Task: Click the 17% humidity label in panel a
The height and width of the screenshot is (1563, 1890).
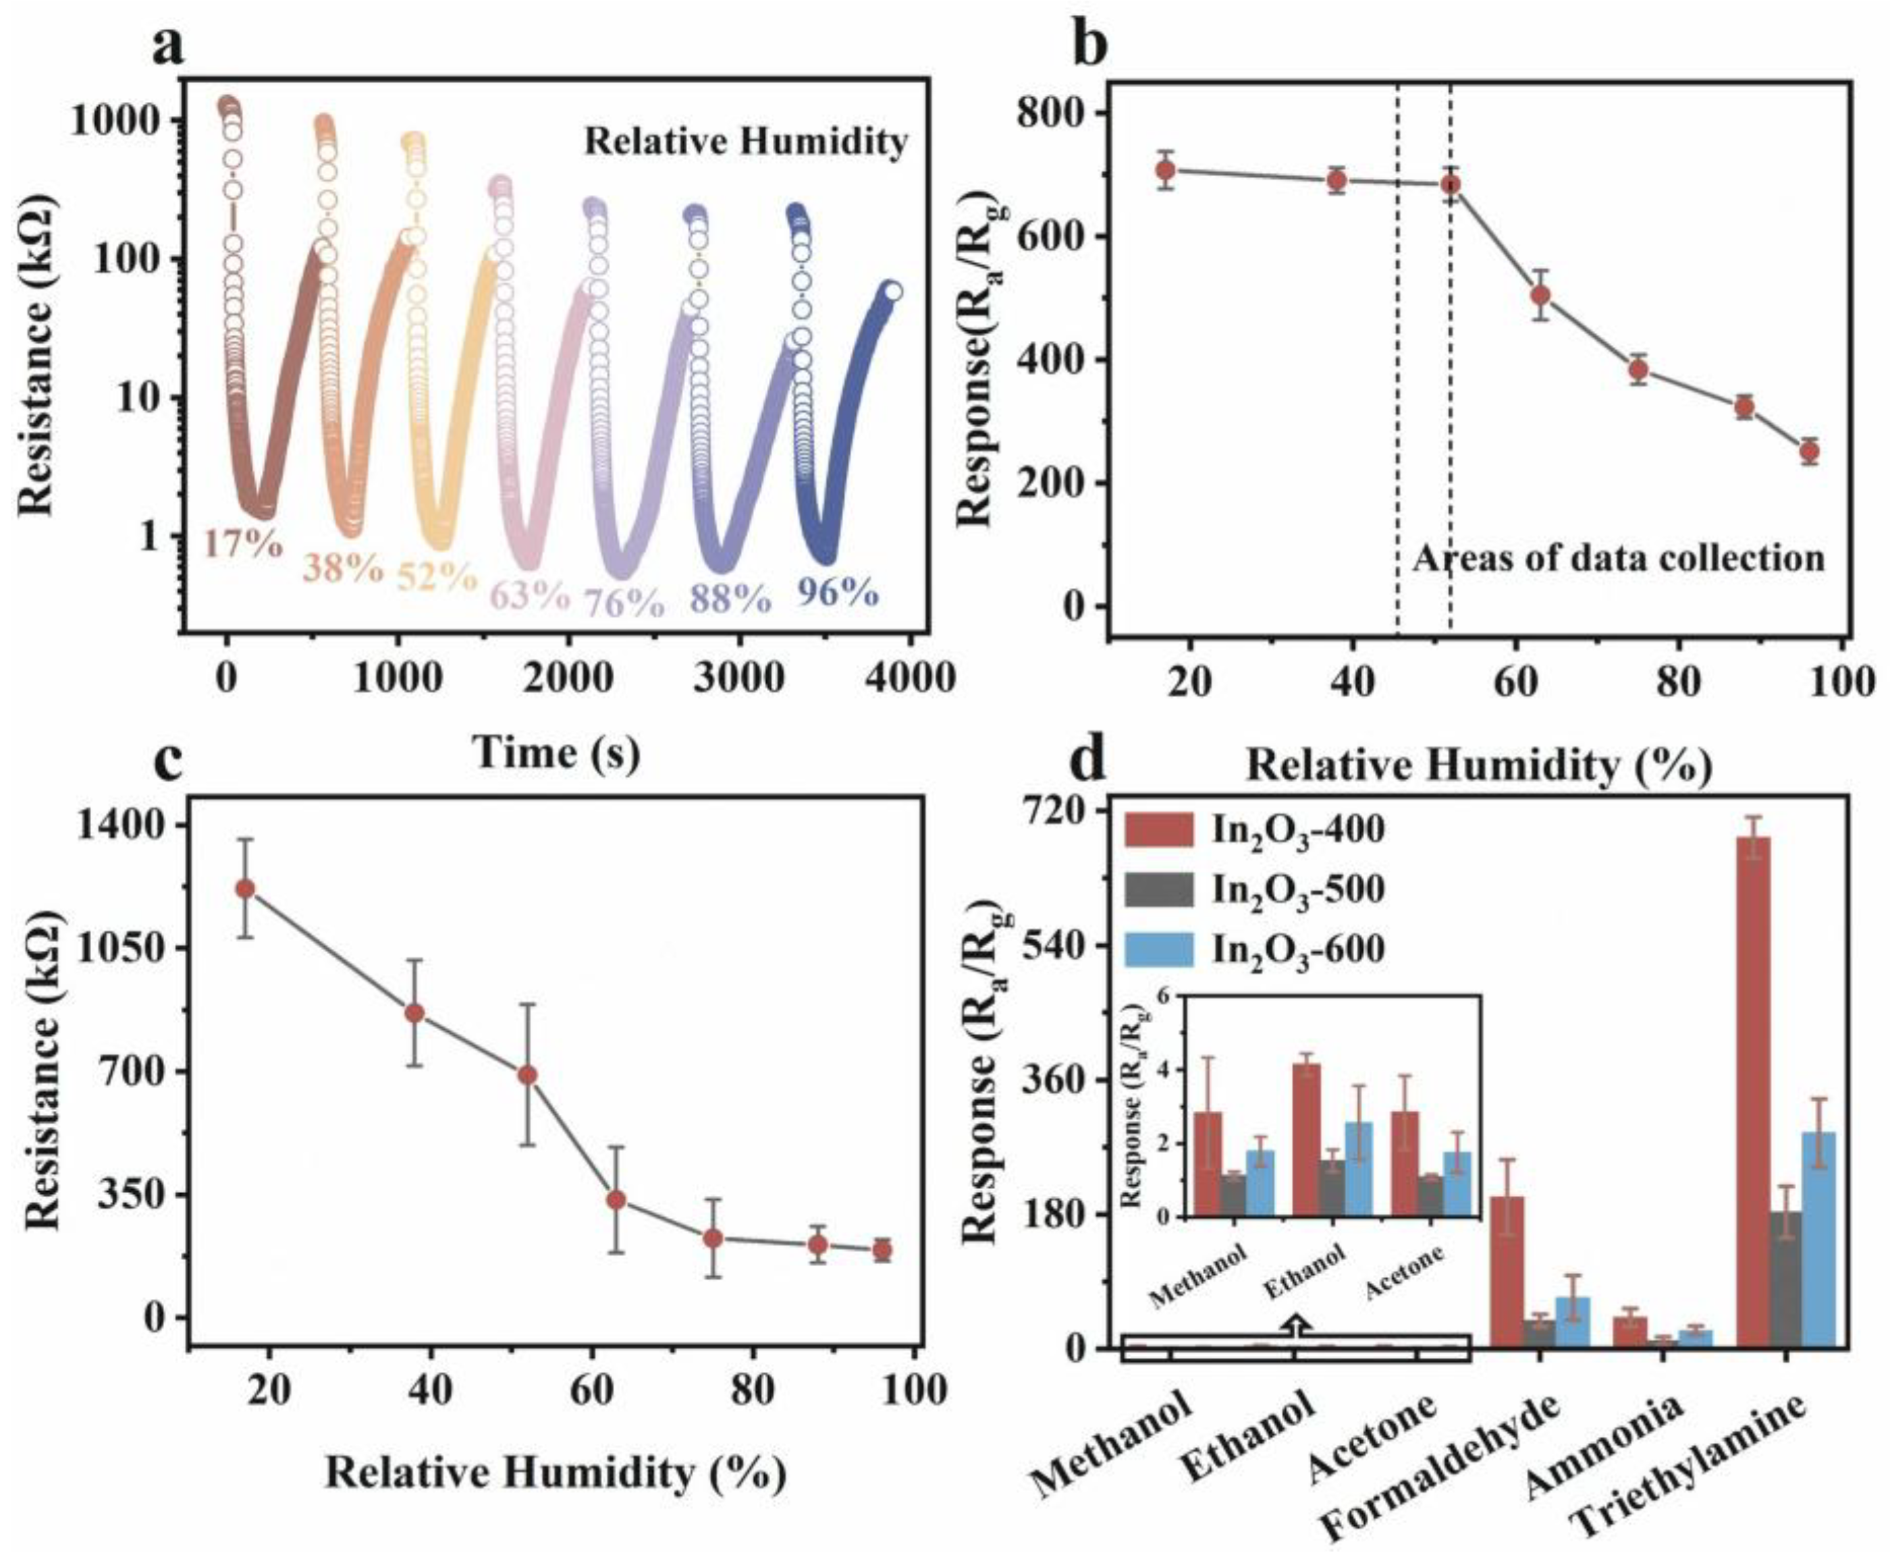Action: pos(243,543)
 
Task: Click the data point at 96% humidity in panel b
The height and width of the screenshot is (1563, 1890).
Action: pos(1809,451)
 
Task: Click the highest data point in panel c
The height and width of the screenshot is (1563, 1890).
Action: pos(244,888)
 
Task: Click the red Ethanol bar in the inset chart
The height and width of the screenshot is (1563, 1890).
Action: pos(1306,1139)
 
